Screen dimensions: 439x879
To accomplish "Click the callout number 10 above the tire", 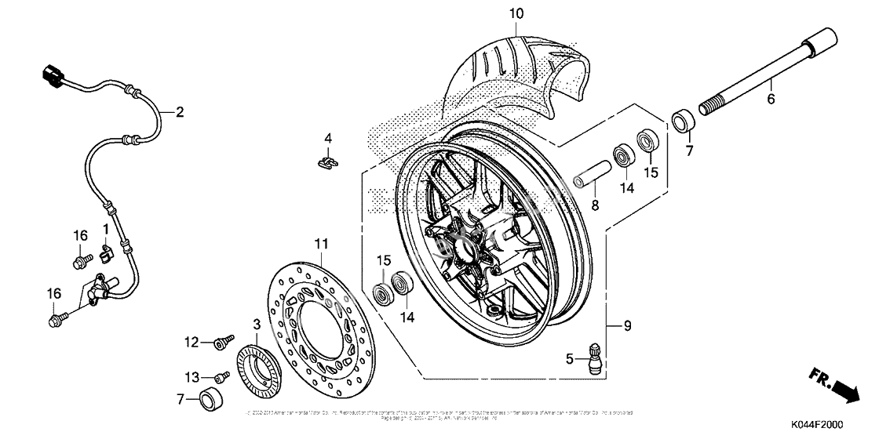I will point(515,13).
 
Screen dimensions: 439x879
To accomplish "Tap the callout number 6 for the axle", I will point(770,99).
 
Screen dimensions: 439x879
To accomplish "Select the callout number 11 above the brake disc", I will point(323,243).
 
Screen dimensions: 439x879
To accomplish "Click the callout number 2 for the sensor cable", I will point(180,112).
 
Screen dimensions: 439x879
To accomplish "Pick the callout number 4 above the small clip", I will point(329,139).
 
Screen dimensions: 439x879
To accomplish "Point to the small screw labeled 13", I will point(221,377).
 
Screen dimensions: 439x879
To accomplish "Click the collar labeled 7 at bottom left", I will point(210,399).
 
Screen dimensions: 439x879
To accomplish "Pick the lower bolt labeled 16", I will point(57,318).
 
